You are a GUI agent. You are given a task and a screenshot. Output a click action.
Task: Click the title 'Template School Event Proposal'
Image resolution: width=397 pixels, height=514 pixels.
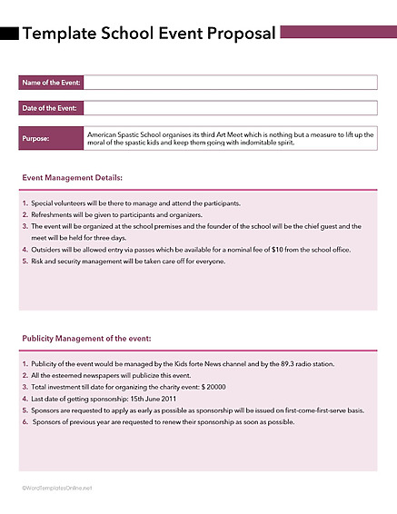149,34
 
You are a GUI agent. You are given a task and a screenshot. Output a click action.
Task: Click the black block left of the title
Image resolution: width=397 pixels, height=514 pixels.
9,34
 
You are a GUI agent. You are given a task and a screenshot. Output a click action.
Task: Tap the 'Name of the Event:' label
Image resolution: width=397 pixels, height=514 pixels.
51,83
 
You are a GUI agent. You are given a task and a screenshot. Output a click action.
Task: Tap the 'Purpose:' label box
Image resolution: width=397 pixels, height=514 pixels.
51,139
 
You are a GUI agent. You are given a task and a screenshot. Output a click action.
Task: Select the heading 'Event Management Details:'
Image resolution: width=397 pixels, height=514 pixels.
72,178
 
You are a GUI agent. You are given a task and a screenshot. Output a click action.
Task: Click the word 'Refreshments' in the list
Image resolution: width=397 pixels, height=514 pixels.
54,214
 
